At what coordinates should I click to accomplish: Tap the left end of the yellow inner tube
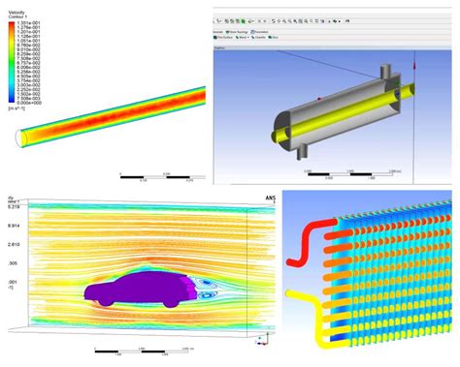(x=270, y=128)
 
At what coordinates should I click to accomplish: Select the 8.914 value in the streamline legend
(x=14, y=225)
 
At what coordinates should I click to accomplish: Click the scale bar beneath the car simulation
(x=146, y=354)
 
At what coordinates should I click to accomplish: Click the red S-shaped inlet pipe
(x=303, y=233)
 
